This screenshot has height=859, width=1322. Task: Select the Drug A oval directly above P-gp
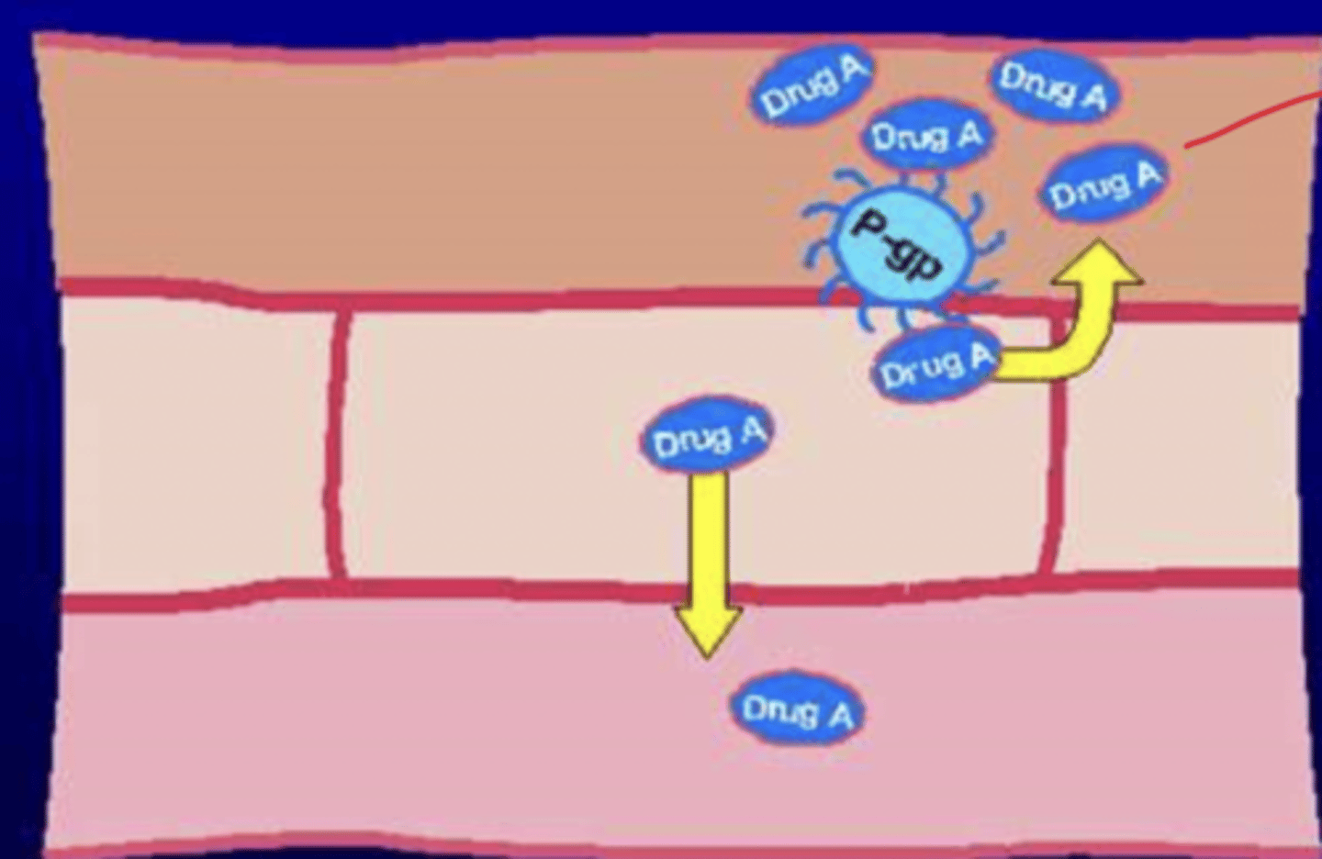(925, 137)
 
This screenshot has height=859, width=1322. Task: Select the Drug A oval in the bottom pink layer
(797, 709)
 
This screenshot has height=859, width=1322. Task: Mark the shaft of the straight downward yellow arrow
(709, 541)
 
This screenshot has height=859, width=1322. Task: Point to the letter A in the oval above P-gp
(968, 134)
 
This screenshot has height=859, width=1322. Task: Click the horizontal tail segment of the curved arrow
(1028, 363)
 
